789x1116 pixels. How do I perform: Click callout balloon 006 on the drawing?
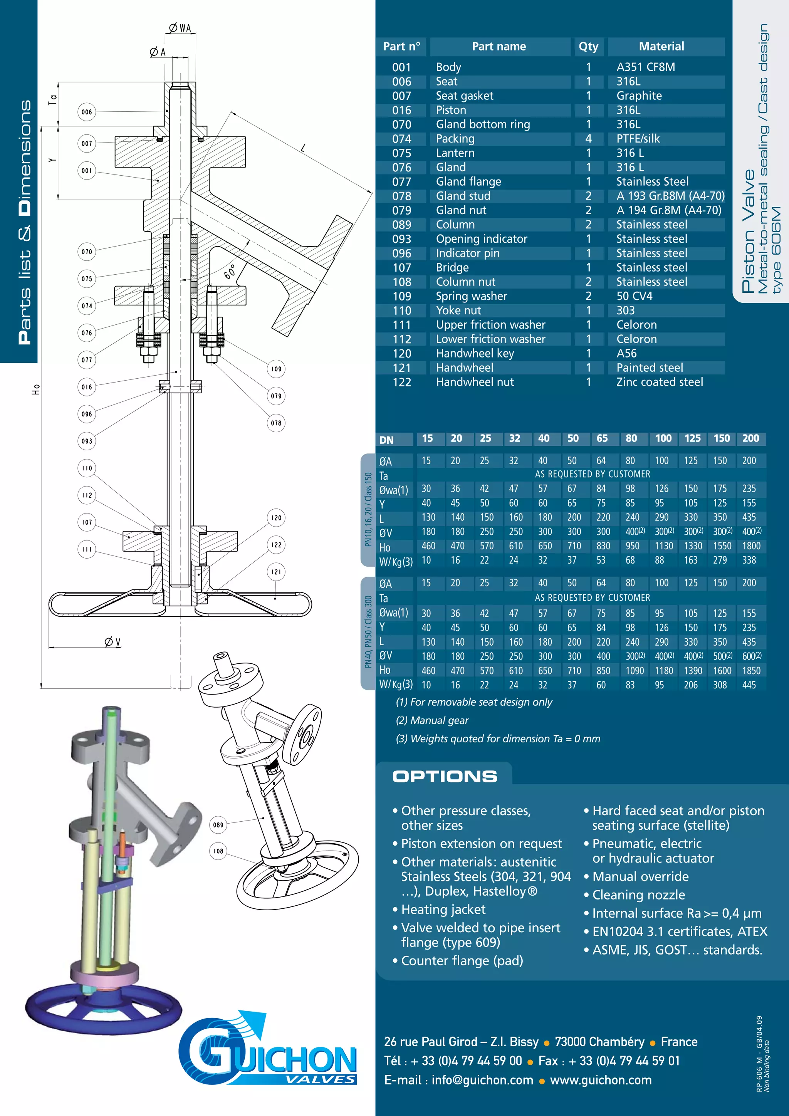click(x=87, y=112)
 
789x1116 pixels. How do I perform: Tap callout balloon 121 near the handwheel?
click(x=276, y=572)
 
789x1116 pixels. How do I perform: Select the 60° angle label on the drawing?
click(x=230, y=272)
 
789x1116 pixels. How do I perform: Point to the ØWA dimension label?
click(x=180, y=28)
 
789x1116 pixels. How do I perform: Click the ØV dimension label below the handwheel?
click(x=112, y=642)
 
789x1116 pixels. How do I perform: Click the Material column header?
click(x=661, y=47)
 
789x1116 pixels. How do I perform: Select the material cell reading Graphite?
click(x=639, y=96)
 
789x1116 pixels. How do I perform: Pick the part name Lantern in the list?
click(x=455, y=153)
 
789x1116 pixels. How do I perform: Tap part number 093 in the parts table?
click(x=401, y=239)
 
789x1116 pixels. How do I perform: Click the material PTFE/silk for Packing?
click(x=638, y=139)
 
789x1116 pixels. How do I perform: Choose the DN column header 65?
click(x=602, y=438)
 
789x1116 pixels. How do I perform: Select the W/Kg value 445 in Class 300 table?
click(x=749, y=685)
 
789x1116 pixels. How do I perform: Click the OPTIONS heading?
click(x=445, y=776)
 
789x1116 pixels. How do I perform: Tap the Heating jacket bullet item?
click(x=443, y=910)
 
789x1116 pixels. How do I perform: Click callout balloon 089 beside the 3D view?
click(x=218, y=824)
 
